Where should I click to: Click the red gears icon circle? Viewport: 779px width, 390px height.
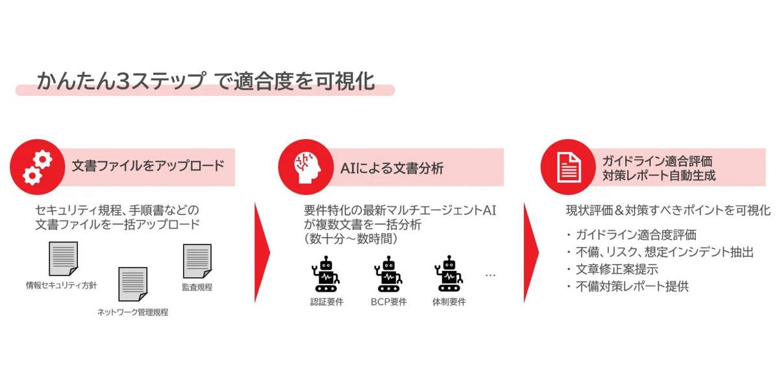[x=37, y=167]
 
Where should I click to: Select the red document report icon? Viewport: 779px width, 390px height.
[x=569, y=167]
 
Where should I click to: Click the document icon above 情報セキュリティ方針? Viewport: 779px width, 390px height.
[x=64, y=259]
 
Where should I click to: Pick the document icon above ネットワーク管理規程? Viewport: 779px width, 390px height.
[x=133, y=284]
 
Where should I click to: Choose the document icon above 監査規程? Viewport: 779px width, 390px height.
[x=197, y=261]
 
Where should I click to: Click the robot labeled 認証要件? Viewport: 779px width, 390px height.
[x=325, y=274]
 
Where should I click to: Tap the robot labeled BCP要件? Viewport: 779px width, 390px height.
[x=388, y=274]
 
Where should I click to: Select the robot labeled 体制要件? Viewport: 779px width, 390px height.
[x=449, y=274]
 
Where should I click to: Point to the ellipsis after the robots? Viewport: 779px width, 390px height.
[x=490, y=276]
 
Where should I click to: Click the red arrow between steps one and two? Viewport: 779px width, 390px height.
[x=262, y=252]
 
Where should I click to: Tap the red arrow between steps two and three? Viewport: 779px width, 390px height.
[x=531, y=252]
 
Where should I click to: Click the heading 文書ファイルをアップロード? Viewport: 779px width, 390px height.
[x=148, y=166]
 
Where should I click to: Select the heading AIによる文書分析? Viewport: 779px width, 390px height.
[x=392, y=168]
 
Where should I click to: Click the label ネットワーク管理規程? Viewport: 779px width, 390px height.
[x=132, y=312]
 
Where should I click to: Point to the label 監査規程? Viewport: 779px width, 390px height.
[x=197, y=287]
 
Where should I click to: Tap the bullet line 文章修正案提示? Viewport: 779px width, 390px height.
[x=617, y=269]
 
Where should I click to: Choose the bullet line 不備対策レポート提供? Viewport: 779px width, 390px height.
[x=632, y=286]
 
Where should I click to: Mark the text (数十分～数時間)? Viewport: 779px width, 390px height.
[x=351, y=239]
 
